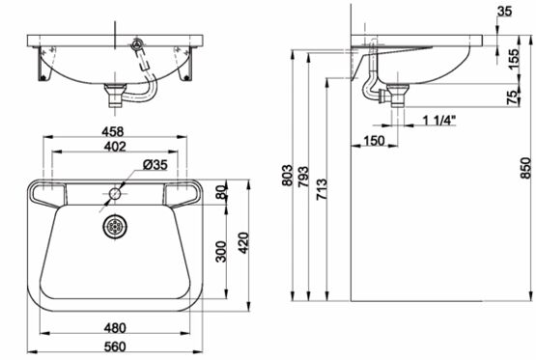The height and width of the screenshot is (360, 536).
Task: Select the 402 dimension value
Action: click(115, 146)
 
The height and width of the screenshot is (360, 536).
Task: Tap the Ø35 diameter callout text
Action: click(155, 165)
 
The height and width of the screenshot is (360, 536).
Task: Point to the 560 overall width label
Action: click(115, 346)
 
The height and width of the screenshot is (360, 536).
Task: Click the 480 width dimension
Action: click(115, 328)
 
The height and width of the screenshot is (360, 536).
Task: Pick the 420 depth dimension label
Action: click(243, 243)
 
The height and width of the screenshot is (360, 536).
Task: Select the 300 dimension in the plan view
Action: click(221, 252)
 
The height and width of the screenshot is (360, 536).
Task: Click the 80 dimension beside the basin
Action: click(221, 192)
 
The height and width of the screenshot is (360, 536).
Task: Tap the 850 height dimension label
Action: click(526, 168)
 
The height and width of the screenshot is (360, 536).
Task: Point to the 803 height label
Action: click(287, 176)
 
